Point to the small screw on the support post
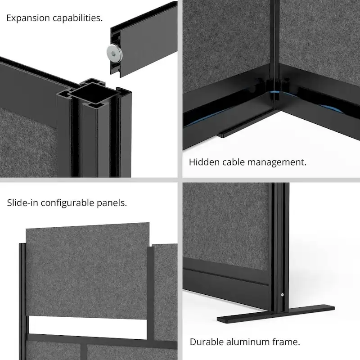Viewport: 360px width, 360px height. click(282, 295)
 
